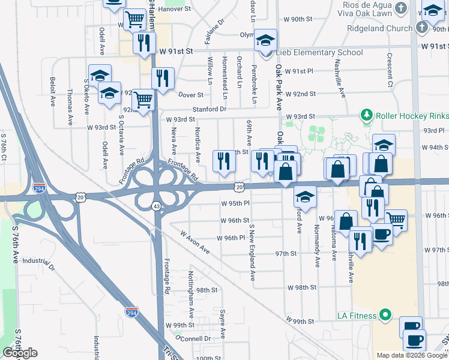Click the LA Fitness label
click(x=352, y=316)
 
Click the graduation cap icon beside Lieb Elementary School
click(x=265, y=41)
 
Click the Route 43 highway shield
click(x=156, y=206)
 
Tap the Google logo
click(x=20, y=353)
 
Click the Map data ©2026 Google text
click(x=412, y=355)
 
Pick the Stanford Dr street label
click(x=209, y=109)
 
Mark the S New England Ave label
click(x=253, y=253)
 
